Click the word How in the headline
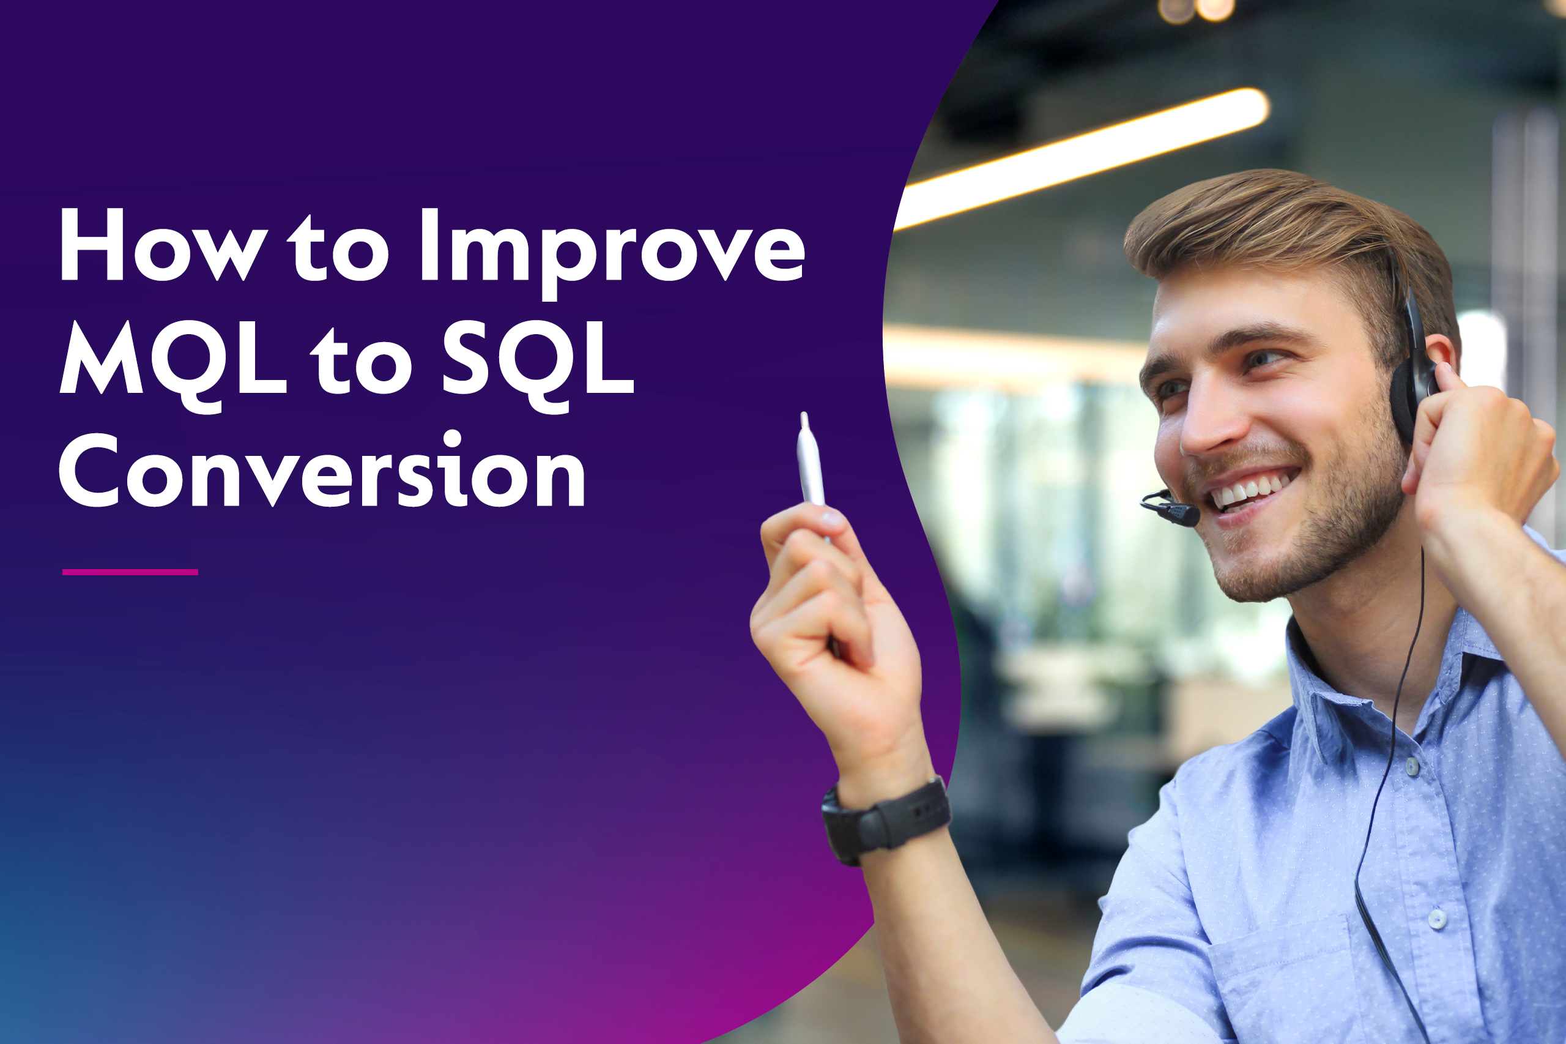(163, 245)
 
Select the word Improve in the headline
(612, 250)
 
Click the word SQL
(538, 360)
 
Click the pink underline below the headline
(130, 572)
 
